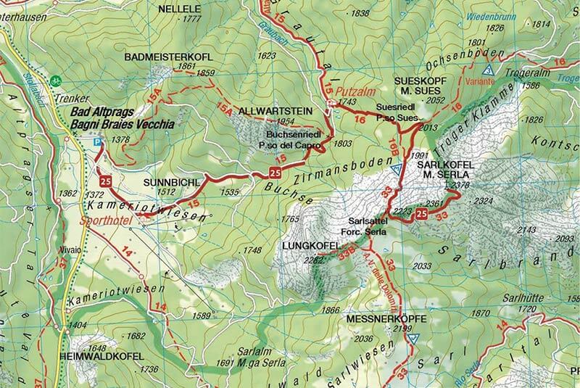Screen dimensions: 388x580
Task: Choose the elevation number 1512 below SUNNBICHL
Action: pos(166,192)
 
